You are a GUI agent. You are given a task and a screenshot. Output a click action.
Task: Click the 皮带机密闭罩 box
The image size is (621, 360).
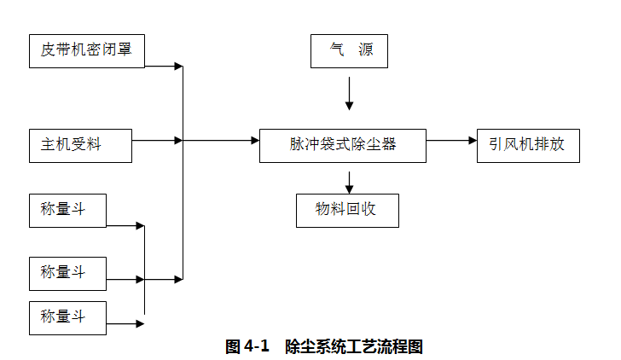coord(86,50)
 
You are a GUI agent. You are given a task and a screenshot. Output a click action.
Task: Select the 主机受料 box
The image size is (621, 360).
coord(80,145)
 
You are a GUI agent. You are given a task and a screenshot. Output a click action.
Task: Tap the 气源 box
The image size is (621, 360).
coord(349,50)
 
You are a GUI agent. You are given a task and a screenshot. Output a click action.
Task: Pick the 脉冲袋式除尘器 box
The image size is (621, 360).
coord(342,145)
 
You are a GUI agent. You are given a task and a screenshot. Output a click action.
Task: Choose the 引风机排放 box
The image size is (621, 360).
coord(526,145)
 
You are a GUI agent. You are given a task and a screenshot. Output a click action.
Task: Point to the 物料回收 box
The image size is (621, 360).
coord(347,210)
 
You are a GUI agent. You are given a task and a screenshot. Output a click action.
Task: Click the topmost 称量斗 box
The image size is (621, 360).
coord(68,210)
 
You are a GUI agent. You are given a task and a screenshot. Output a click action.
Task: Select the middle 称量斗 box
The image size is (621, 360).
coord(68,273)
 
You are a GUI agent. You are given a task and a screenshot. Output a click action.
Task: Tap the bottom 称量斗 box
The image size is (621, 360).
coord(68,317)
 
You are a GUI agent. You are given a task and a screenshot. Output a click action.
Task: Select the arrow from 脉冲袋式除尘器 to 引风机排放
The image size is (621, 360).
coord(451,140)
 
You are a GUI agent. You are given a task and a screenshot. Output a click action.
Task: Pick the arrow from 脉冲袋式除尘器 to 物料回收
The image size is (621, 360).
coord(349,181)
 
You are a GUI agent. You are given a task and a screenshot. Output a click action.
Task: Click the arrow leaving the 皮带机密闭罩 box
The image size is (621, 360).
coord(164,66)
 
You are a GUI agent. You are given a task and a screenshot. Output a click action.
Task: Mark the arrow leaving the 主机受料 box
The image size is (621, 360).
coord(157,140)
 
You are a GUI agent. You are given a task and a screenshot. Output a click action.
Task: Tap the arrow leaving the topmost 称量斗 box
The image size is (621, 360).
coord(125,226)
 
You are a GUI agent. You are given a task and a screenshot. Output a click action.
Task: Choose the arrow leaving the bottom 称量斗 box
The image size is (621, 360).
coord(125,323)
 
